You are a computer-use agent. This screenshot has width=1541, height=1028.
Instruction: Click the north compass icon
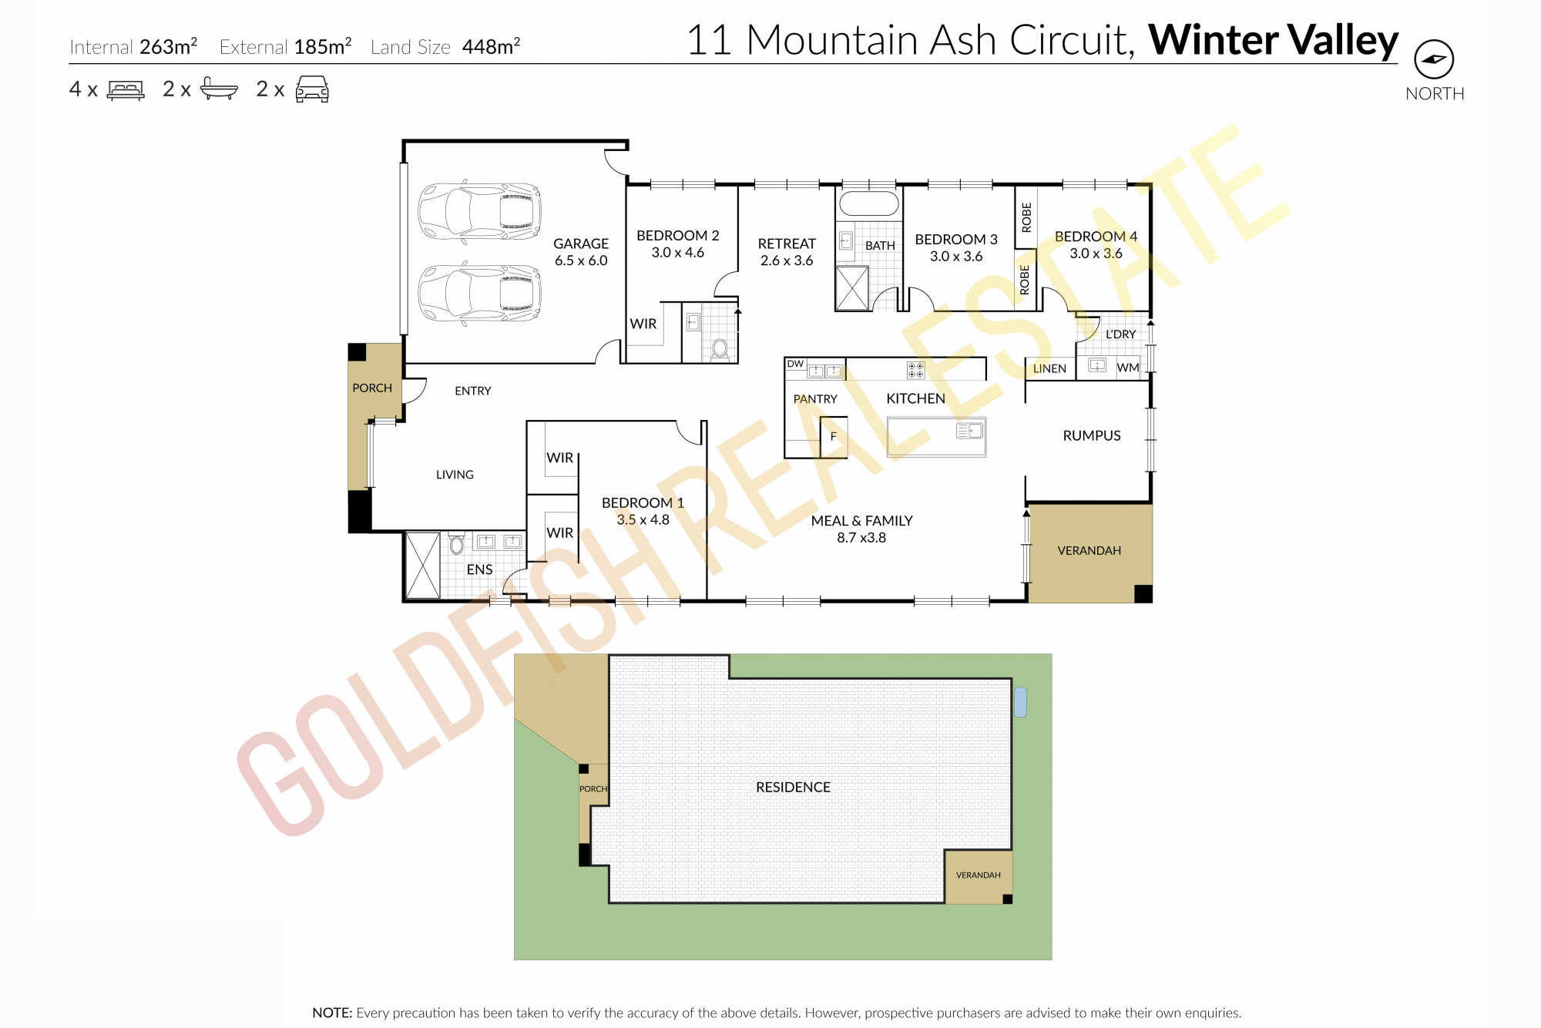click(x=1434, y=59)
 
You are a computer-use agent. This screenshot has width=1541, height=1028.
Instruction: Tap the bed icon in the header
click(x=126, y=90)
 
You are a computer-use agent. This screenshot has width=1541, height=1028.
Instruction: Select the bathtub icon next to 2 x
click(x=219, y=89)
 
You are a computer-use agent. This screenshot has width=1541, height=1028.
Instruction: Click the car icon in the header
click(x=312, y=89)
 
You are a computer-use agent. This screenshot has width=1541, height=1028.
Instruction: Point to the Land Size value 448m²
click(x=491, y=46)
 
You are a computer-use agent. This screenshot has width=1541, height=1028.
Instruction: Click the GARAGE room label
click(x=581, y=244)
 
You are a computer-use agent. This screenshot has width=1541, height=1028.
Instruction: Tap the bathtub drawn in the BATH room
click(x=868, y=203)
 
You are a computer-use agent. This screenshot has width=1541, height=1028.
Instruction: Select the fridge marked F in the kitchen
click(x=833, y=437)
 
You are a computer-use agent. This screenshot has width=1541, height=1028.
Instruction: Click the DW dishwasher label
click(x=795, y=364)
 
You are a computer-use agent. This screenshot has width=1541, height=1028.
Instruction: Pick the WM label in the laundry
click(x=1127, y=368)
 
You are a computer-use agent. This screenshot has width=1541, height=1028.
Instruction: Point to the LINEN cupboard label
click(x=1049, y=368)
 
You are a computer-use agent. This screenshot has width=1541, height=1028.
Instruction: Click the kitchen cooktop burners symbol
click(x=915, y=370)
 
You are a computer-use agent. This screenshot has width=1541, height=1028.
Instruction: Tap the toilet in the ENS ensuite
click(x=456, y=543)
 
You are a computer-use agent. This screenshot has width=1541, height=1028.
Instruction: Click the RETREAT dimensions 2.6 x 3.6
click(x=787, y=260)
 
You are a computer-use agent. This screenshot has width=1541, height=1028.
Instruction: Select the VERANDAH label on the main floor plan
click(x=1089, y=550)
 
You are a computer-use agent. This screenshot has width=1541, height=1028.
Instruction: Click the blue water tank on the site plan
click(x=1020, y=702)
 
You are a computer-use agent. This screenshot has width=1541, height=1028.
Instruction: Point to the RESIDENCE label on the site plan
click(x=793, y=787)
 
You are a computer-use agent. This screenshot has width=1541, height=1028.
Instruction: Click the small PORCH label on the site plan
click(x=593, y=788)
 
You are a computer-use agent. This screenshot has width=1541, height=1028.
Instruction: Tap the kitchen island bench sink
click(x=971, y=431)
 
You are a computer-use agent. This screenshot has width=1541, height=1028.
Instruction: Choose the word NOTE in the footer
click(x=332, y=1013)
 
